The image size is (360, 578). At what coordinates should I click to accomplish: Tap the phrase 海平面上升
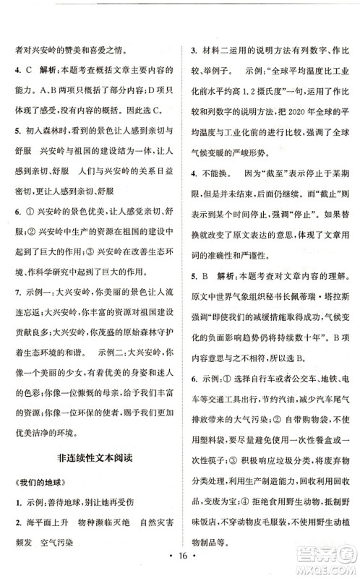tap(54, 521)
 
